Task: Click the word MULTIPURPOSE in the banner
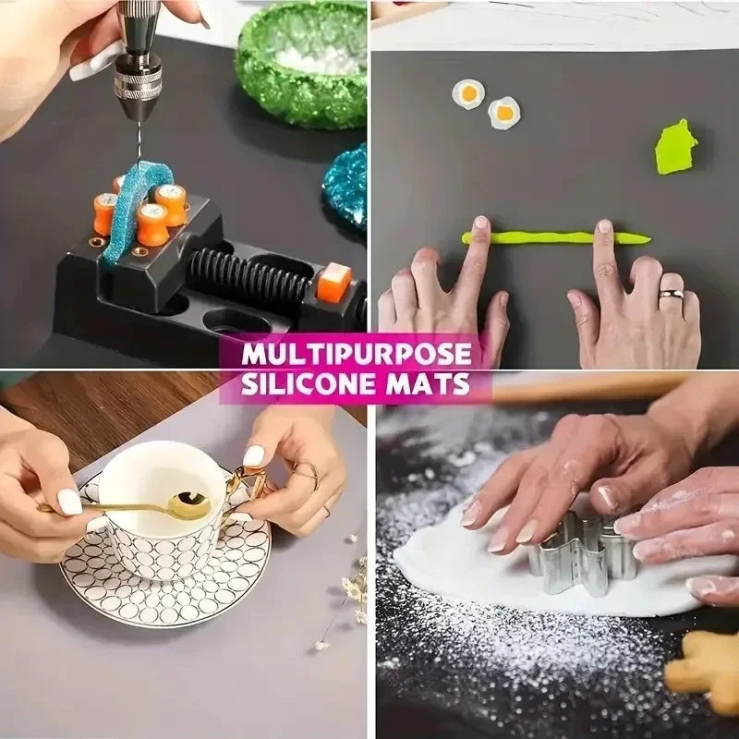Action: pyautogui.click(x=357, y=355)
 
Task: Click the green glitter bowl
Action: pyautogui.click(x=302, y=64)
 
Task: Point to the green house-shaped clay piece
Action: pyautogui.click(x=675, y=147)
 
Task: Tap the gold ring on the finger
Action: pyautogui.click(x=672, y=293)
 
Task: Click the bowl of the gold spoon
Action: pyautogui.click(x=189, y=505)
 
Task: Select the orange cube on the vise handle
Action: pyautogui.click(x=333, y=282)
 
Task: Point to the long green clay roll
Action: pyautogui.click(x=556, y=237)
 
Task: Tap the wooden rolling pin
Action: pyautogui.click(x=589, y=388)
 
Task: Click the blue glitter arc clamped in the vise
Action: pyautogui.click(x=137, y=207)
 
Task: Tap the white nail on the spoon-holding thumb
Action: pyautogui.click(x=70, y=502)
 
